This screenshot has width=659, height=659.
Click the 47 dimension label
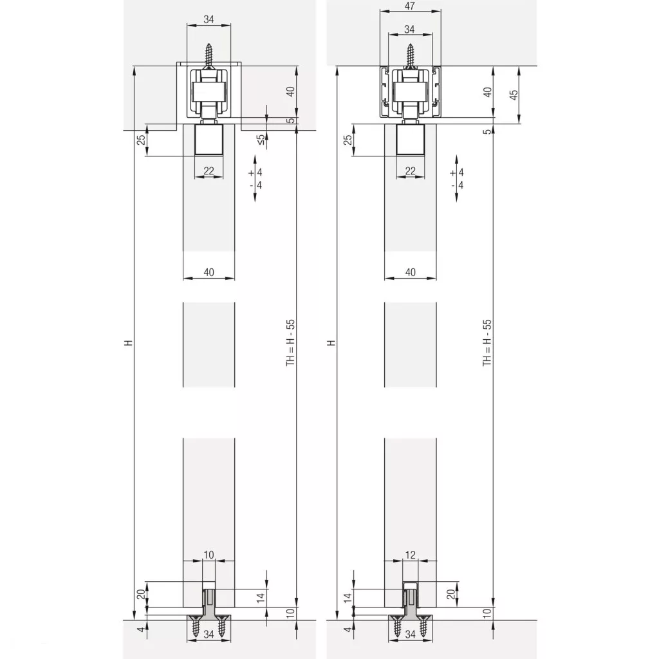tap(410, 6)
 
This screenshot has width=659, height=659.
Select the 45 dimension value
tap(514, 95)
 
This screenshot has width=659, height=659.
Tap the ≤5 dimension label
tap(261, 140)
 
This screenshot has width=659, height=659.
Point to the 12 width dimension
tap(410, 555)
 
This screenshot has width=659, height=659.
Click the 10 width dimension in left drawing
tap(209, 555)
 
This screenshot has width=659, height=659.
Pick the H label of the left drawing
tap(129, 343)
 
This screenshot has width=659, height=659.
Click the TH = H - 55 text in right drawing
tap(487, 342)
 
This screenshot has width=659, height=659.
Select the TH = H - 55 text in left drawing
tap(290, 342)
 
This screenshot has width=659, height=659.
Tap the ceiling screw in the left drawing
tap(209, 55)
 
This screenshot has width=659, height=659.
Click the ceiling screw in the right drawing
tap(410, 55)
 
